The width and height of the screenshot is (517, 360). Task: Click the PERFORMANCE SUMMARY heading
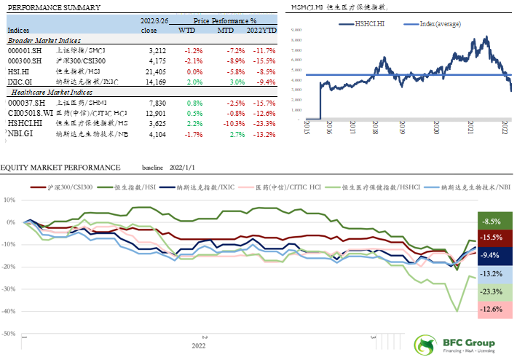[44, 7]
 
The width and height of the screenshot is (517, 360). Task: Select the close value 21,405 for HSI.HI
[157, 73]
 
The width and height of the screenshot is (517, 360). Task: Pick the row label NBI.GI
[20, 134]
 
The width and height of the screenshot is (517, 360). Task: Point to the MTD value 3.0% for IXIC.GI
[226, 83]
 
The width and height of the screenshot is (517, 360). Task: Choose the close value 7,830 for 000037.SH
[159, 103]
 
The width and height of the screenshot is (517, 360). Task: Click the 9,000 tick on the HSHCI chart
[297, 30]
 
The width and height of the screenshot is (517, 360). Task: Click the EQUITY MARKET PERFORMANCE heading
[61, 167]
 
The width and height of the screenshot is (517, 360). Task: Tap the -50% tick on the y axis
[12, 334]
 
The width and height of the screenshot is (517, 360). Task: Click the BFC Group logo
[454, 345]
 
